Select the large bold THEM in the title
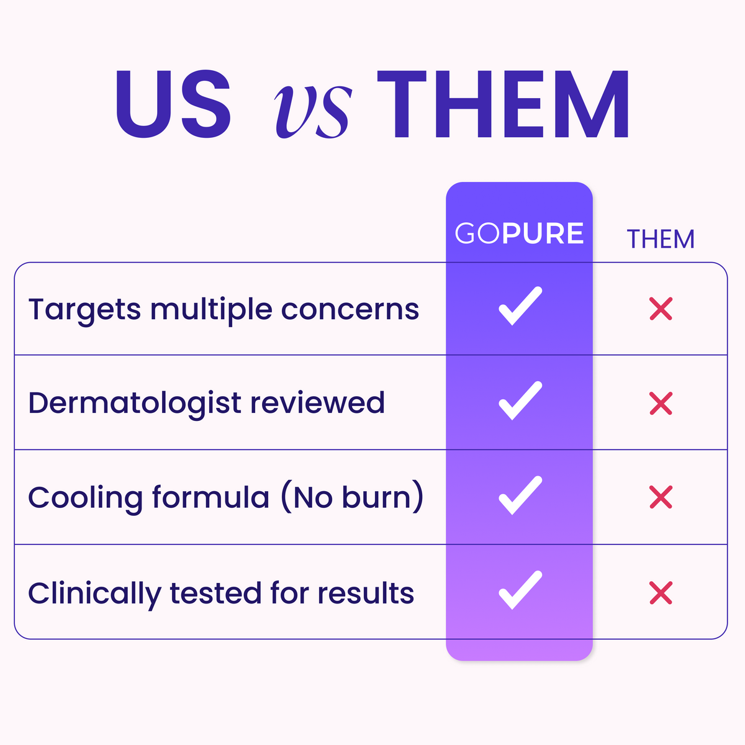point(503,104)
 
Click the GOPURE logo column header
point(519,233)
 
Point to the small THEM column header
point(661,239)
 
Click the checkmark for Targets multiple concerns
point(520,306)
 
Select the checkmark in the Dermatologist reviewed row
point(520,400)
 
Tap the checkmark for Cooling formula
point(520,495)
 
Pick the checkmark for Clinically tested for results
point(520,590)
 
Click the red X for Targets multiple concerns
point(661,309)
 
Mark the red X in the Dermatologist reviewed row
point(661,404)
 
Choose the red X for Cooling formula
point(661,497)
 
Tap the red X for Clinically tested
point(661,593)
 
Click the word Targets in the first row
point(84,312)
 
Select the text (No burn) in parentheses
point(352,497)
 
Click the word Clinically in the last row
point(95,595)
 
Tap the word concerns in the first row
point(350,310)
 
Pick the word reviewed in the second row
point(317,403)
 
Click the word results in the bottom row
point(366,593)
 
